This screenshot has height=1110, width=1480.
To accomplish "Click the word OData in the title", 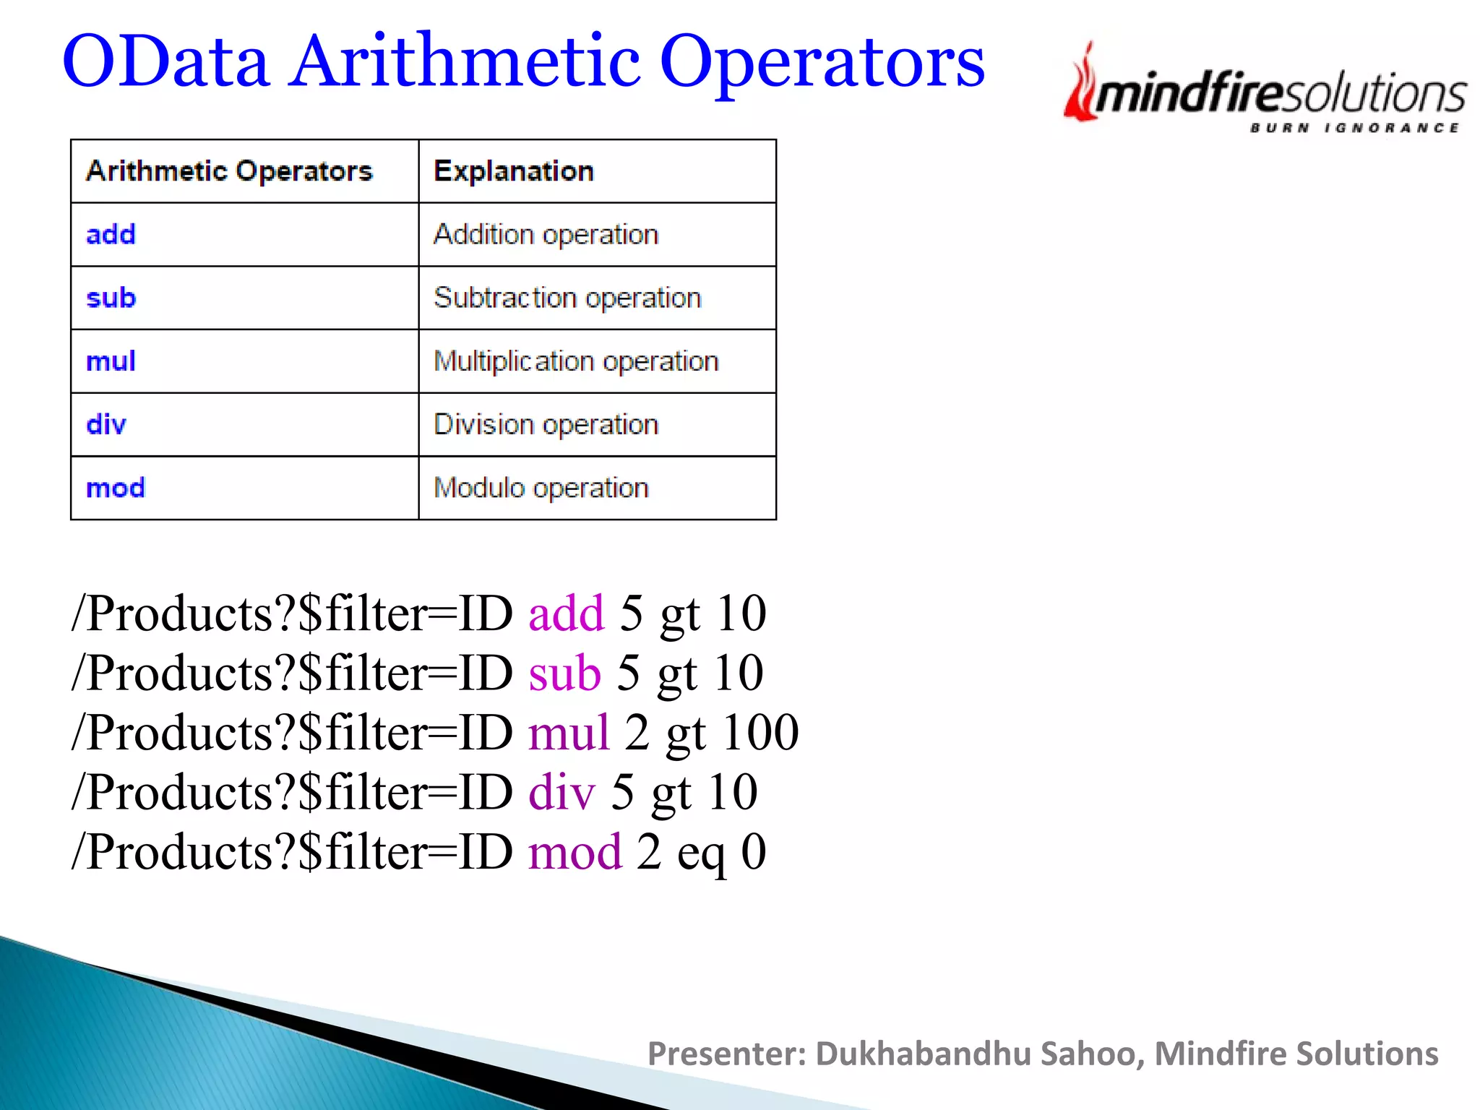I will pyautogui.click(x=165, y=62).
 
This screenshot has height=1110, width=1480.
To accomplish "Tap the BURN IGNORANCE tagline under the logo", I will pyautogui.click(x=1355, y=128).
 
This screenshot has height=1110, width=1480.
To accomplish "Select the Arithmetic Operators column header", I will pyautogui.click(x=229, y=171).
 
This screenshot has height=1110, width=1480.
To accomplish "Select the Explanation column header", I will pyautogui.click(x=514, y=171).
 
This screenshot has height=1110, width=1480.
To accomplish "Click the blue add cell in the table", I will pyautogui.click(x=111, y=234).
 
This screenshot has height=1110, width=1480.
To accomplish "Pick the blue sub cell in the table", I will pyautogui.click(x=111, y=298).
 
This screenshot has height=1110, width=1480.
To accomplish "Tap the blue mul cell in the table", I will pyautogui.click(x=111, y=361).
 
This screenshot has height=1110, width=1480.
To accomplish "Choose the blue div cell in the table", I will pyautogui.click(x=106, y=424).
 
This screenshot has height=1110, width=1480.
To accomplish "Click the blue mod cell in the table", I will pyautogui.click(x=116, y=488).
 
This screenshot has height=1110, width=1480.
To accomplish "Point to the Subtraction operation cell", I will pyautogui.click(x=567, y=298).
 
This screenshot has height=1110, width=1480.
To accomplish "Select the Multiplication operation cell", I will pyautogui.click(x=576, y=361).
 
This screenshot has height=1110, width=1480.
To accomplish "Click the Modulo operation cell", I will pyautogui.click(x=541, y=488).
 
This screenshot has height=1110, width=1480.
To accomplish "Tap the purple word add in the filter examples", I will pyautogui.click(x=566, y=614).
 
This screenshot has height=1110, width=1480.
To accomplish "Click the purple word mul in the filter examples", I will pyautogui.click(x=569, y=733).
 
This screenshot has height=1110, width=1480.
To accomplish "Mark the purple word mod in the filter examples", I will pyautogui.click(x=575, y=852).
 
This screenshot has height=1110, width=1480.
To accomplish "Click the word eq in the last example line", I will pyautogui.click(x=700, y=853).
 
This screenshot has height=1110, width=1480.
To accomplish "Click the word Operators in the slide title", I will pyautogui.click(x=822, y=62).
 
